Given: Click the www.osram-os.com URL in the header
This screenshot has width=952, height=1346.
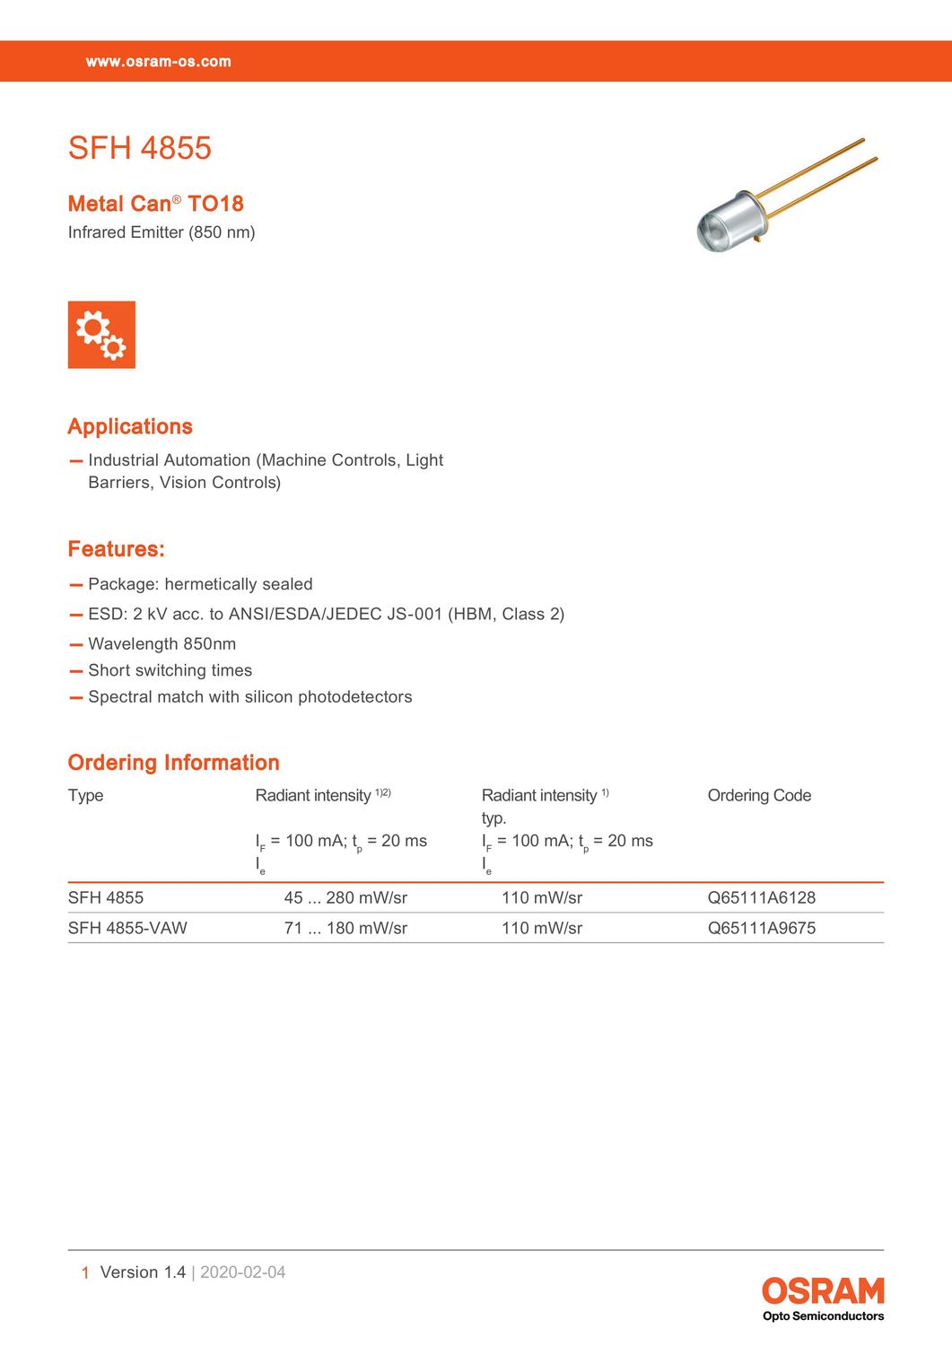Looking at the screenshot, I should pyautogui.click(x=159, y=62).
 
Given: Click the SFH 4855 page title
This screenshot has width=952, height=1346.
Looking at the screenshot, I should pyautogui.click(x=140, y=148).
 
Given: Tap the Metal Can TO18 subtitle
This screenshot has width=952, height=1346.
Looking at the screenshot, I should pyautogui.click(x=156, y=204).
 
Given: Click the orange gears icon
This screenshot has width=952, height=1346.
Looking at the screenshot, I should pyautogui.click(x=101, y=335).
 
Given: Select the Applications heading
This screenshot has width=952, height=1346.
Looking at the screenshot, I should pyautogui.click(x=130, y=426).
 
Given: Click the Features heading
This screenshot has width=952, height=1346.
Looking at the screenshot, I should pyautogui.click(x=117, y=549).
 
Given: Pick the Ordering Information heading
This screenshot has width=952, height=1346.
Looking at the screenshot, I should pyautogui.click(x=174, y=763).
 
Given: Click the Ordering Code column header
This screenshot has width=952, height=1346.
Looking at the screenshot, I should pyautogui.click(x=759, y=795).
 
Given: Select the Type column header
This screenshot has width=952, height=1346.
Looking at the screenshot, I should pyautogui.click(x=85, y=795).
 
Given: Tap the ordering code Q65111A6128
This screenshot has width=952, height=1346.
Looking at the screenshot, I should pyautogui.click(x=762, y=897).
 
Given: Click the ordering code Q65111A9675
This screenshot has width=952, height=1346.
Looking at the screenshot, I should pyautogui.click(x=762, y=928).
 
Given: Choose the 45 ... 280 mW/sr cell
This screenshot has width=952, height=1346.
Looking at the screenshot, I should pyautogui.click(x=345, y=897).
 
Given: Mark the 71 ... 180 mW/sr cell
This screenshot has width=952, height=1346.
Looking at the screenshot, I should pyautogui.click(x=345, y=928).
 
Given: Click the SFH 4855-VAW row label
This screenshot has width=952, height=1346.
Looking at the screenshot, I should pyautogui.click(x=127, y=928).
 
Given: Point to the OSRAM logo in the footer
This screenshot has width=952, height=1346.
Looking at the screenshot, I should pyautogui.click(x=823, y=1291).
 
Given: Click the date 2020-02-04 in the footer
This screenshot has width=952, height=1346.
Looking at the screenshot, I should pyautogui.click(x=242, y=1272).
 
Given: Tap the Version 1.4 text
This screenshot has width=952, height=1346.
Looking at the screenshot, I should pyautogui.click(x=143, y=1272).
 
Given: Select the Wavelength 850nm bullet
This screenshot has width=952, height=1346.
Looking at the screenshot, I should pyautogui.click(x=162, y=643).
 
